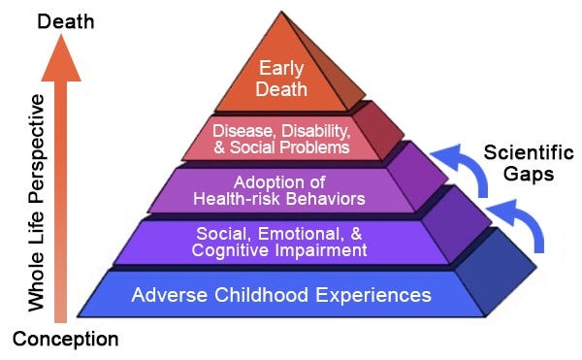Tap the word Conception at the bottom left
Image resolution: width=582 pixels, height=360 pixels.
coord(65,340)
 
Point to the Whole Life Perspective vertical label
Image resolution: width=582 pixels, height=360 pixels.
coord(37,202)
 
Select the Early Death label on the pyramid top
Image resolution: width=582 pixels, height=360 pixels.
coord(282,80)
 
